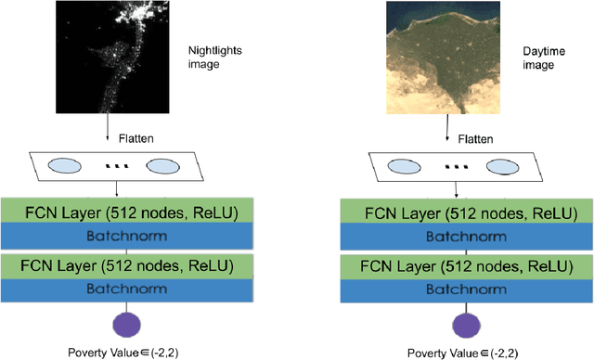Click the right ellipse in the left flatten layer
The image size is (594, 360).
tap(161, 167)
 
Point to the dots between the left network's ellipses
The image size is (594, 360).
tap(115, 167)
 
